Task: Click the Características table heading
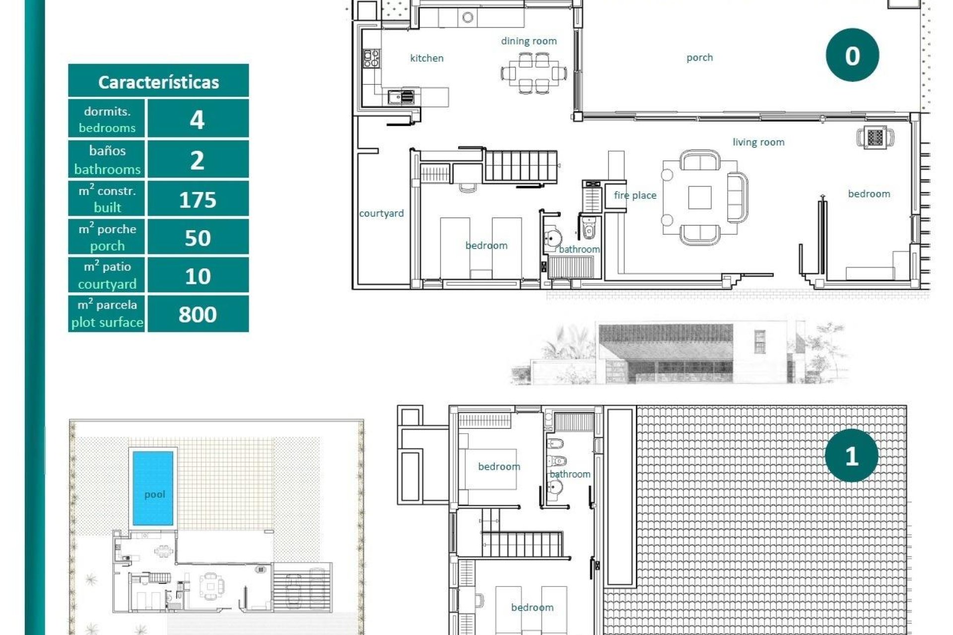(x=158, y=82)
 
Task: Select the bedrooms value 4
(x=198, y=120)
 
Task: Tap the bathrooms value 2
(x=198, y=160)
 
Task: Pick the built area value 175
(x=198, y=199)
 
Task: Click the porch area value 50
(x=198, y=238)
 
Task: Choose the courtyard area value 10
(x=198, y=276)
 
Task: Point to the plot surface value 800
(x=198, y=315)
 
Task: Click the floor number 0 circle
(x=852, y=55)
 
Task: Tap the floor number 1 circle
(x=851, y=455)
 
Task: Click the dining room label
(x=529, y=41)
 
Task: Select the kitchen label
(x=427, y=58)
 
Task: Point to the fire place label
(x=635, y=195)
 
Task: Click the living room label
(x=758, y=142)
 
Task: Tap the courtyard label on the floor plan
(x=381, y=213)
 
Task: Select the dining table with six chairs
(x=534, y=73)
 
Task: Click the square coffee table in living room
(x=699, y=197)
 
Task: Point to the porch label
(x=699, y=58)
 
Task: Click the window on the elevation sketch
(x=759, y=342)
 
